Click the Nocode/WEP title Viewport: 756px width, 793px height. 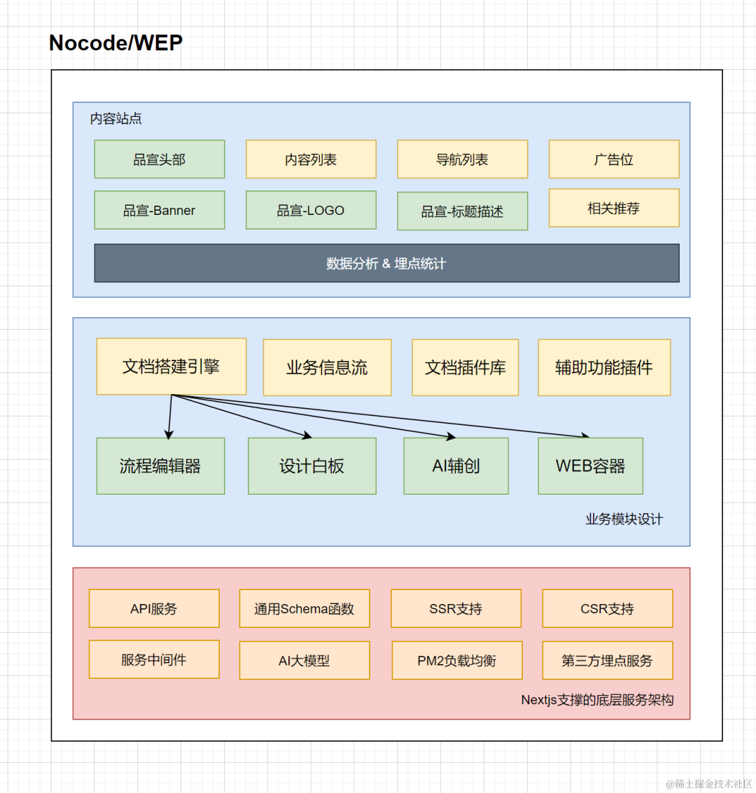click(x=115, y=43)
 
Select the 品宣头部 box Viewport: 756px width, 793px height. click(x=160, y=160)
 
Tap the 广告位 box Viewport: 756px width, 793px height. click(x=614, y=160)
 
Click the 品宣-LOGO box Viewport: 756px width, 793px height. click(x=311, y=210)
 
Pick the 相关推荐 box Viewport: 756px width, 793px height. click(x=614, y=208)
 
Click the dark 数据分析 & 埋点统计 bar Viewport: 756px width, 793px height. click(x=387, y=263)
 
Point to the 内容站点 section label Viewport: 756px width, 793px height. click(x=115, y=118)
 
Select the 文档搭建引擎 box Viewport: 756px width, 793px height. click(x=171, y=366)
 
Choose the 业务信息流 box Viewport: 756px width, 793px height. click(x=327, y=367)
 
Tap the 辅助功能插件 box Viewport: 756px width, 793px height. click(x=604, y=367)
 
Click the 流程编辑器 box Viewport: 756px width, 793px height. click(x=160, y=465)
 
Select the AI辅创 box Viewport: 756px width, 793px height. click(x=456, y=465)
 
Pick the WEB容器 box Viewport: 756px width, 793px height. click(x=591, y=465)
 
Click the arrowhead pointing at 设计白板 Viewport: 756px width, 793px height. click(x=307, y=435)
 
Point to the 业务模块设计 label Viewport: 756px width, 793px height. click(x=624, y=519)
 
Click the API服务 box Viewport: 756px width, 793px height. click(x=154, y=608)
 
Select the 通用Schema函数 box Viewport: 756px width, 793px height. click(x=304, y=608)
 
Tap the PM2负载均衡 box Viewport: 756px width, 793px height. click(x=457, y=661)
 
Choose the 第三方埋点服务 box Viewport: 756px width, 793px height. click(x=608, y=661)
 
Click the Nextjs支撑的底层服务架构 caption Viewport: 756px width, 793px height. click(x=597, y=700)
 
